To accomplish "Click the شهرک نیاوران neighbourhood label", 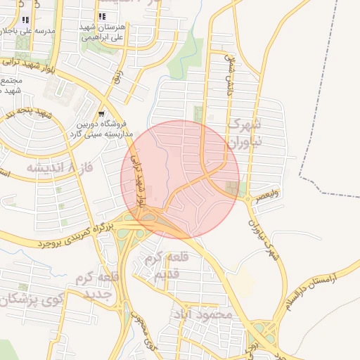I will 245,132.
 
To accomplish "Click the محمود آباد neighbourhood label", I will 207,315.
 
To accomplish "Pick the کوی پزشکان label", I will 25,300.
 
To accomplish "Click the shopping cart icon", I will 101,114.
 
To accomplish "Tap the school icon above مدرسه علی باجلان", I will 26,20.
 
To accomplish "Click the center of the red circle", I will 180,179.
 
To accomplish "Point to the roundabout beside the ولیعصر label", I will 247,199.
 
